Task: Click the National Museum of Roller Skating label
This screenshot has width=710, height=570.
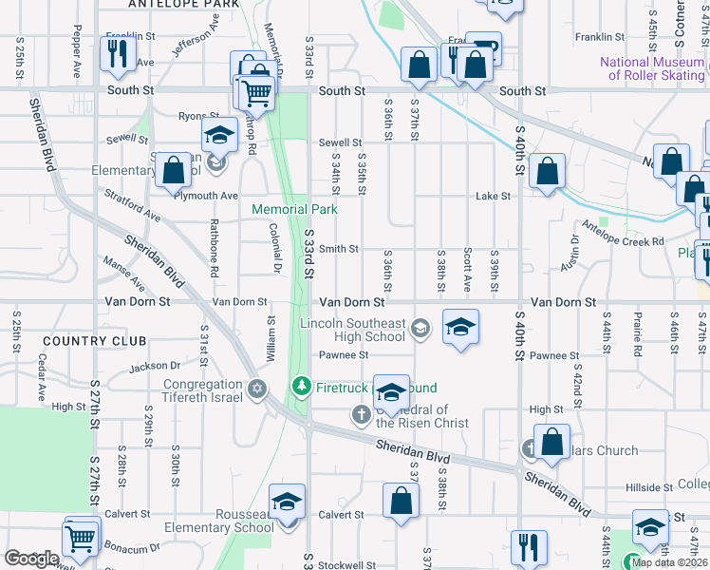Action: coord(652,68)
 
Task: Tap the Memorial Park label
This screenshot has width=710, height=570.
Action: coord(294,209)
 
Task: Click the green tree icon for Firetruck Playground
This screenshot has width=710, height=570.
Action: coord(301,386)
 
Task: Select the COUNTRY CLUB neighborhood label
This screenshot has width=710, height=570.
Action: coord(95,341)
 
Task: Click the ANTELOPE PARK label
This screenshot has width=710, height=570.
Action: coord(186,5)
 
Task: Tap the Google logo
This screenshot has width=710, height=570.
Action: coord(31,559)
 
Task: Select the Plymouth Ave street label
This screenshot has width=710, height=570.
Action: coord(205,196)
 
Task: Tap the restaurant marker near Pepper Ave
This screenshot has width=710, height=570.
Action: coord(117,56)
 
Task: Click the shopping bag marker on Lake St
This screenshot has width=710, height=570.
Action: coord(548,173)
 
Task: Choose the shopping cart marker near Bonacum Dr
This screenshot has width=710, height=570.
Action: coord(82,539)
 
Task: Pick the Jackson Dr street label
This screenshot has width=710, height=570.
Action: coord(155,366)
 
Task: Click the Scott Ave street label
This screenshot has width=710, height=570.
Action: coord(468,270)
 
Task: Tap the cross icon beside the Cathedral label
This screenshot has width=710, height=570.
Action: coord(361,413)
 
